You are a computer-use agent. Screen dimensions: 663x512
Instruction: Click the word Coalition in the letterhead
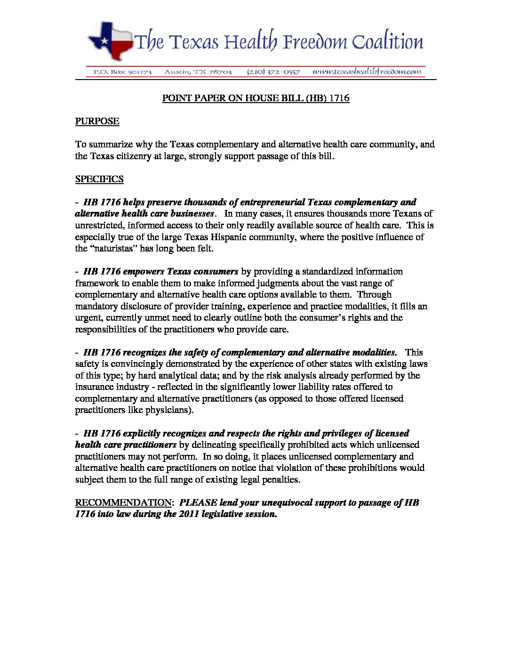pos(387,42)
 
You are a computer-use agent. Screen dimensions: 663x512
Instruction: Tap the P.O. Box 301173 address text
pos(122,72)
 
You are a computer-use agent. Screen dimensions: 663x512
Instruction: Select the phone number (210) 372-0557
pos(273,72)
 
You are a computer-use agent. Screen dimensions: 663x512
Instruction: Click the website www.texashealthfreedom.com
pos(367,72)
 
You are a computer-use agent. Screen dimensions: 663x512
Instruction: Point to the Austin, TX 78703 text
pos(198,72)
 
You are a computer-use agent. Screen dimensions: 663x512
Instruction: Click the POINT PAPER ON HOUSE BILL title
pos(256,98)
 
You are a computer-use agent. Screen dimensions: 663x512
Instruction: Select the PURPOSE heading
pos(97,121)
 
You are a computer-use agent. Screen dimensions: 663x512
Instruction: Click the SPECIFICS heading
pos(99,179)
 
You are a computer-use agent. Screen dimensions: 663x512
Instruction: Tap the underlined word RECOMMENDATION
pos(123,502)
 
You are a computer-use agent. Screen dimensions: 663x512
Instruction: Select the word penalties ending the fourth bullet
pos(281,479)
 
